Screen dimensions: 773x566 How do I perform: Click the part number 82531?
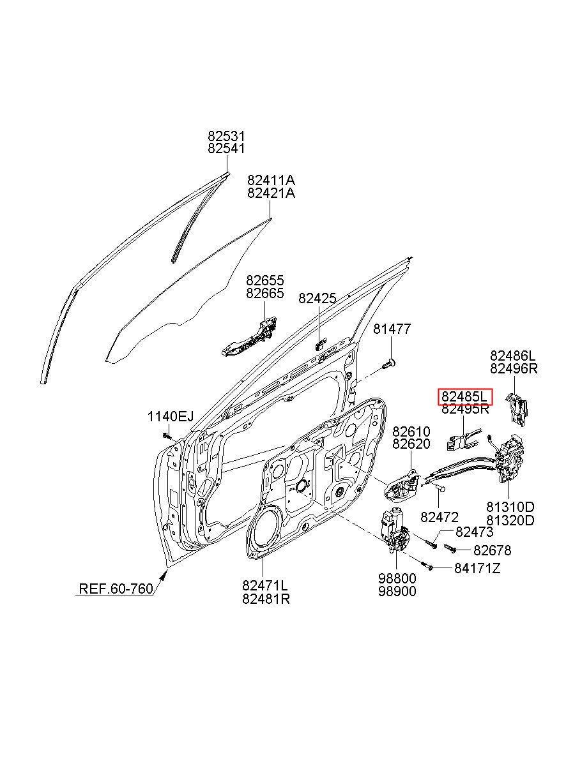point(226,136)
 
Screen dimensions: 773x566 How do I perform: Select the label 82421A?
point(272,193)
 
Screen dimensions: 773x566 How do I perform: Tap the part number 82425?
point(317,298)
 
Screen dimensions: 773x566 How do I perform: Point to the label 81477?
point(392,329)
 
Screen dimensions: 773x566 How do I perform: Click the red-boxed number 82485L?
point(465,396)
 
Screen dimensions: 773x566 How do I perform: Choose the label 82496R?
point(514,368)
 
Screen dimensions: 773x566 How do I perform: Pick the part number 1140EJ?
point(170,417)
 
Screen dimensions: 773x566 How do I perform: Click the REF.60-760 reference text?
point(116,588)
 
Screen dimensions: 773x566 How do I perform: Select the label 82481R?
point(266,599)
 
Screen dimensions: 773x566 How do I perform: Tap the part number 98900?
point(397,591)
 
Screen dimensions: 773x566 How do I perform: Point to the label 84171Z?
point(477,567)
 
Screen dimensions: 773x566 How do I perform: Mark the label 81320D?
point(510,520)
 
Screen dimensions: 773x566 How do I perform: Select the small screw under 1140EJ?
point(166,435)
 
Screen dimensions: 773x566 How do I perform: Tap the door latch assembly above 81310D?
point(511,458)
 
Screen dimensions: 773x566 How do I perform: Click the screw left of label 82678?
point(448,548)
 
